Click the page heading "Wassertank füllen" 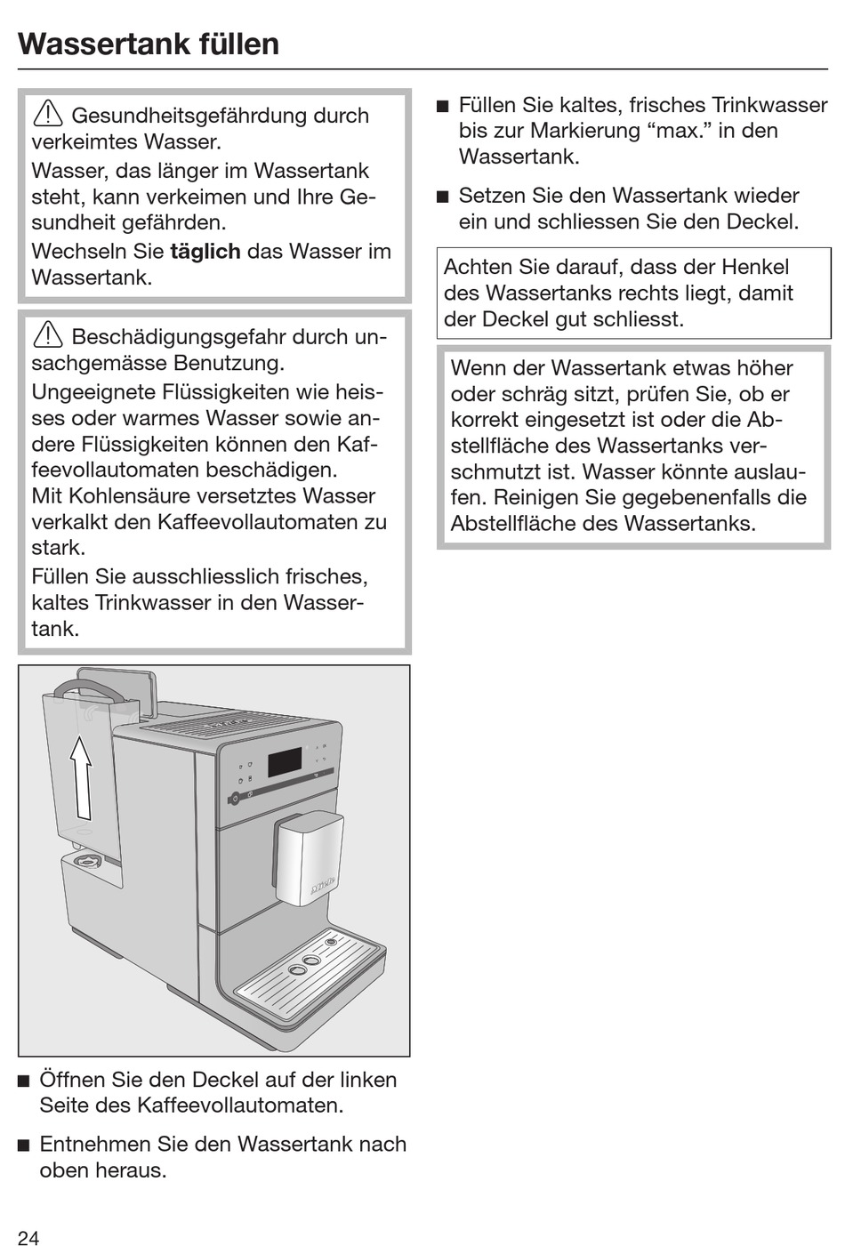click(x=149, y=44)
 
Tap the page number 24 click(x=28, y=1237)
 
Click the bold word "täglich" click(x=205, y=252)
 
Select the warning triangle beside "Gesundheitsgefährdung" click(x=46, y=115)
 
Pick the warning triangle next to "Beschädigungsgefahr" click(x=46, y=336)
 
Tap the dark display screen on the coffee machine click(x=284, y=762)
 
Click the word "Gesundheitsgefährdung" click(x=220, y=116)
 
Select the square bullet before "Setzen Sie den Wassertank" click(x=442, y=197)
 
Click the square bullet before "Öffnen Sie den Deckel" click(x=23, y=1081)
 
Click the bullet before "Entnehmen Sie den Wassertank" click(x=23, y=1146)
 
